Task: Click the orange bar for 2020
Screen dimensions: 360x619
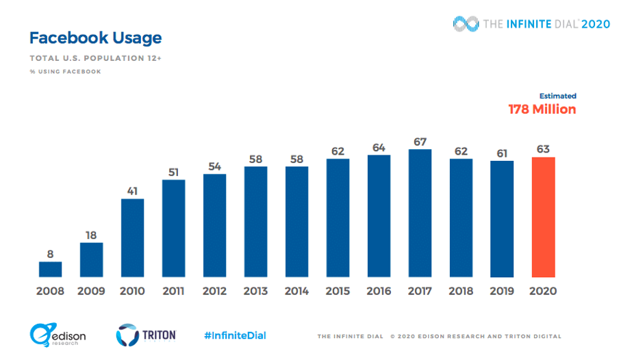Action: click(x=543, y=216)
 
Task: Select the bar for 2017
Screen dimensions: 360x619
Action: click(x=420, y=212)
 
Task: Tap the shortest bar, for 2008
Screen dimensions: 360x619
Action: click(x=50, y=268)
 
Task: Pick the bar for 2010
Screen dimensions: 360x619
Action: click(x=132, y=237)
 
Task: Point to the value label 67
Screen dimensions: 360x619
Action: click(x=420, y=141)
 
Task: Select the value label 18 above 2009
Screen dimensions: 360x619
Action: click(x=91, y=235)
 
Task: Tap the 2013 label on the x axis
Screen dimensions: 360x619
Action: click(x=255, y=291)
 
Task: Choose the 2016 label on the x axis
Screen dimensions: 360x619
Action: click(x=379, y=291)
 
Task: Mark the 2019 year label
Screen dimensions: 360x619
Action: click(x=502, y=291)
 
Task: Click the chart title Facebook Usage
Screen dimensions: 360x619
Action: click(x=95, y=37)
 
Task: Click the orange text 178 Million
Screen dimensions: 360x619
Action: click(x=542, y=110)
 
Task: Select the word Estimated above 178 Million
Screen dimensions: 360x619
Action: click(x=557, y=96)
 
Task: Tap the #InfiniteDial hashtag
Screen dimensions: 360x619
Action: click(x=235, y=335)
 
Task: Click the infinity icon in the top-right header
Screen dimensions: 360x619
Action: click(x=466, y=23)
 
